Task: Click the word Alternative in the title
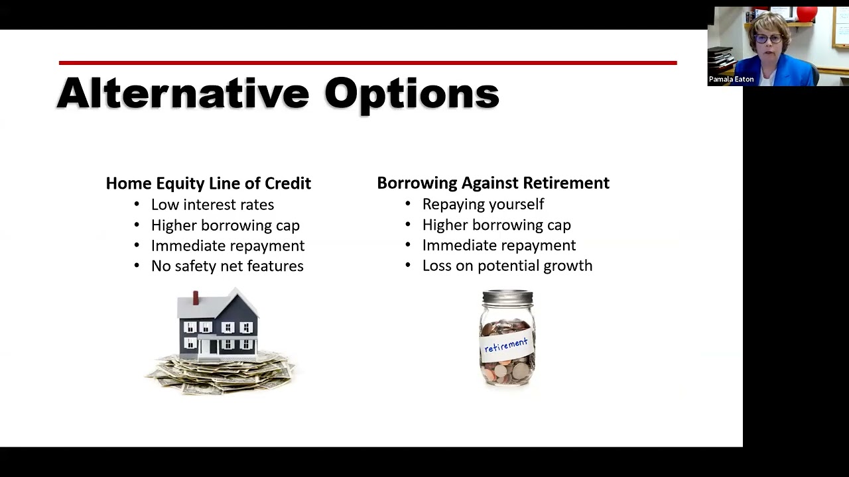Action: coord(182,93)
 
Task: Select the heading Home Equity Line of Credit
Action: coord(208,184)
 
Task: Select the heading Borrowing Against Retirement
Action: coord(493,183)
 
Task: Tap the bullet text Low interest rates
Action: coord(212,205)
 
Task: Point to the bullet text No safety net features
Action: coord(227,266)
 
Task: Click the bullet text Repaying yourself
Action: coord(483,204)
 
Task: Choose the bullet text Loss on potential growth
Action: coord(507,266)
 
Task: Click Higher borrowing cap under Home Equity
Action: coord(225,225)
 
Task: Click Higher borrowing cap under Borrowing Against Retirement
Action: coord(496,225)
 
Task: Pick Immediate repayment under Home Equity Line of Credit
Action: coord(228,246)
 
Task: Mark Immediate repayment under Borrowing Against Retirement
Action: coord(499,245)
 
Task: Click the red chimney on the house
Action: coord(196,297)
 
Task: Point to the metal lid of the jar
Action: coord(507,296)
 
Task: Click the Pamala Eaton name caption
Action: coord(731,79)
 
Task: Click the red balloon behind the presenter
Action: coord(807,15)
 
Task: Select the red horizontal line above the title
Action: coord(367,63)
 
